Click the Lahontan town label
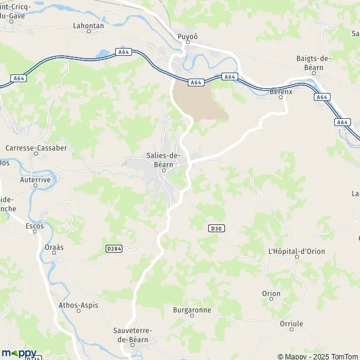coord(88,26)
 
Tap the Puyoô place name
coord(188,37)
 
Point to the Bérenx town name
coord(281,92)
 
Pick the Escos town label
coord(35,226)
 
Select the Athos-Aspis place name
coord(78,305)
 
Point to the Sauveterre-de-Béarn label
coord(133,335)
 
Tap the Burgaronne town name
coord(191,310)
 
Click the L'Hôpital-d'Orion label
coord(296,250)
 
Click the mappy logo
coord(19,353)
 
